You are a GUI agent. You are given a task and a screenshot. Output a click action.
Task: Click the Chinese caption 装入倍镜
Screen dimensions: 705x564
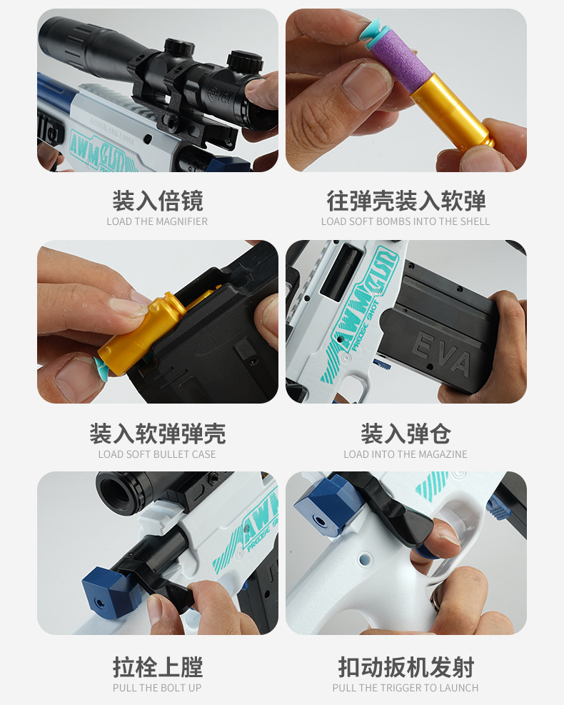coord(157,201)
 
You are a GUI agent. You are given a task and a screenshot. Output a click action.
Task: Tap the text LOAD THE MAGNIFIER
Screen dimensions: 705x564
coord(157,221)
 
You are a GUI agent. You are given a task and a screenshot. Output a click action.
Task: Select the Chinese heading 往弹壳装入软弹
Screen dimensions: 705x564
coord(406,201)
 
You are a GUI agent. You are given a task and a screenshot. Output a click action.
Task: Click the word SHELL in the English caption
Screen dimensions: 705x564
coord(474,221)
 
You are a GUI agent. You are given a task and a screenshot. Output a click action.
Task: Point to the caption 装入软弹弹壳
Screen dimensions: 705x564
coord(157,433)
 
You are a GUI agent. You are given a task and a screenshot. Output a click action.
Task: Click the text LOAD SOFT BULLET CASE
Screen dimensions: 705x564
coord(157,454)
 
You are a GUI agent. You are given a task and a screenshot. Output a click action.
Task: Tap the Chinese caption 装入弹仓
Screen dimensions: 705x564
coord(406,433)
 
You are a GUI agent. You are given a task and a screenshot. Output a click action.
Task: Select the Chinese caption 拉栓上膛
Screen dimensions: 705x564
coord(157,667)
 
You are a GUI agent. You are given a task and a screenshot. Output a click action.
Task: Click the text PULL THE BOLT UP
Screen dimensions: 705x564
coord(157,688)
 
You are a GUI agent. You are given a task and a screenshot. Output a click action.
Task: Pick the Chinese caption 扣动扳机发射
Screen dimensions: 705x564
coord(406,667)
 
